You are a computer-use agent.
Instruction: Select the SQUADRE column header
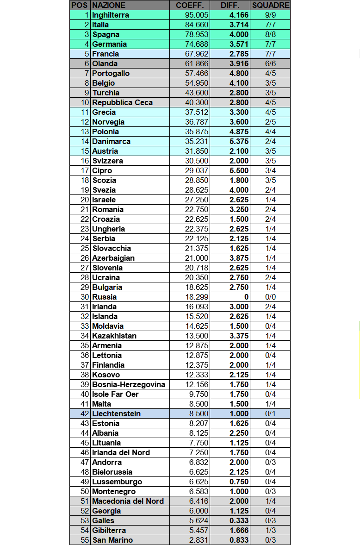click(270, 5)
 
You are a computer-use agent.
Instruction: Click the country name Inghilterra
click(111, 15)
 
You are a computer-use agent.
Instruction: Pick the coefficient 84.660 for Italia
click(196, 25)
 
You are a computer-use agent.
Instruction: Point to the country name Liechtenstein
click(116, 413)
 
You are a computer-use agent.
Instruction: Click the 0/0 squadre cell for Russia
click(270, 297)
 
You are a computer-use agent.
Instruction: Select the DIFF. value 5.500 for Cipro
click(239, 170)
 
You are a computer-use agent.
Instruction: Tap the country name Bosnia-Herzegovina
click(128, 384)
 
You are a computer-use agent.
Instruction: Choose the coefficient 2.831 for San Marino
click(198, 540)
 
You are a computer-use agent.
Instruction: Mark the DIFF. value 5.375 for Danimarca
click(239, 141)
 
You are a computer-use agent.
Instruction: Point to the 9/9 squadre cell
click(270, 15)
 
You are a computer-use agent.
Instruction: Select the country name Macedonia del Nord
click(128, 501)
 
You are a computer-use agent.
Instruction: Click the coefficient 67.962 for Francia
click(196, 54)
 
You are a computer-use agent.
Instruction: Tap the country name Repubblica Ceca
click(122, 102)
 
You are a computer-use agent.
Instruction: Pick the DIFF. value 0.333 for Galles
click(239, 520)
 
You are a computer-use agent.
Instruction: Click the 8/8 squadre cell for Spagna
click(270, 34)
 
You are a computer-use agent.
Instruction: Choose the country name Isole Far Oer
click(115, 394)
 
